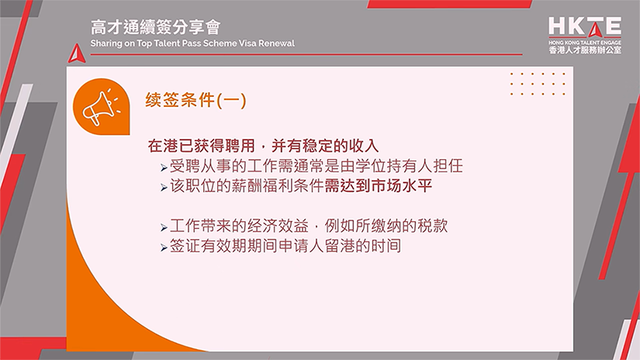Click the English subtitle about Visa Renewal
(x=192, y=43)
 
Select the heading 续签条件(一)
(x=195, y=100)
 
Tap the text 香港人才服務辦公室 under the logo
(x=584, y=50)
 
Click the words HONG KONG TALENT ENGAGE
(x=584, y=41)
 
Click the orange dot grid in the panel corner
(x=538, y=84)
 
